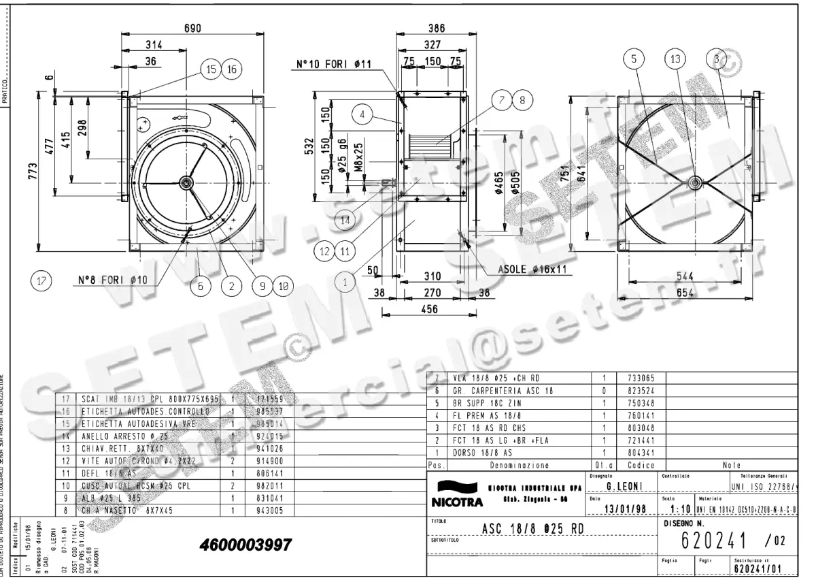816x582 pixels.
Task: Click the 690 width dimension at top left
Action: (x=192, y=28)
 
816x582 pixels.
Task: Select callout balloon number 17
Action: (x=42, y=280)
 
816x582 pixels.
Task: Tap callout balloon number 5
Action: (x=634, y=59)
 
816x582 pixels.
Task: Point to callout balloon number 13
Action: (x=675, y=59)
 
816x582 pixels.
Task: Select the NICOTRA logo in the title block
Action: (x=457, y=495)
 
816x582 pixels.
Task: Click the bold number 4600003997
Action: (x=245, y=545)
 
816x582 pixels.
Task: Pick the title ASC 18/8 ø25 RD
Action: (x=533, y=528)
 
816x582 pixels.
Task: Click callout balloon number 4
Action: (x=363, y=115)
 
